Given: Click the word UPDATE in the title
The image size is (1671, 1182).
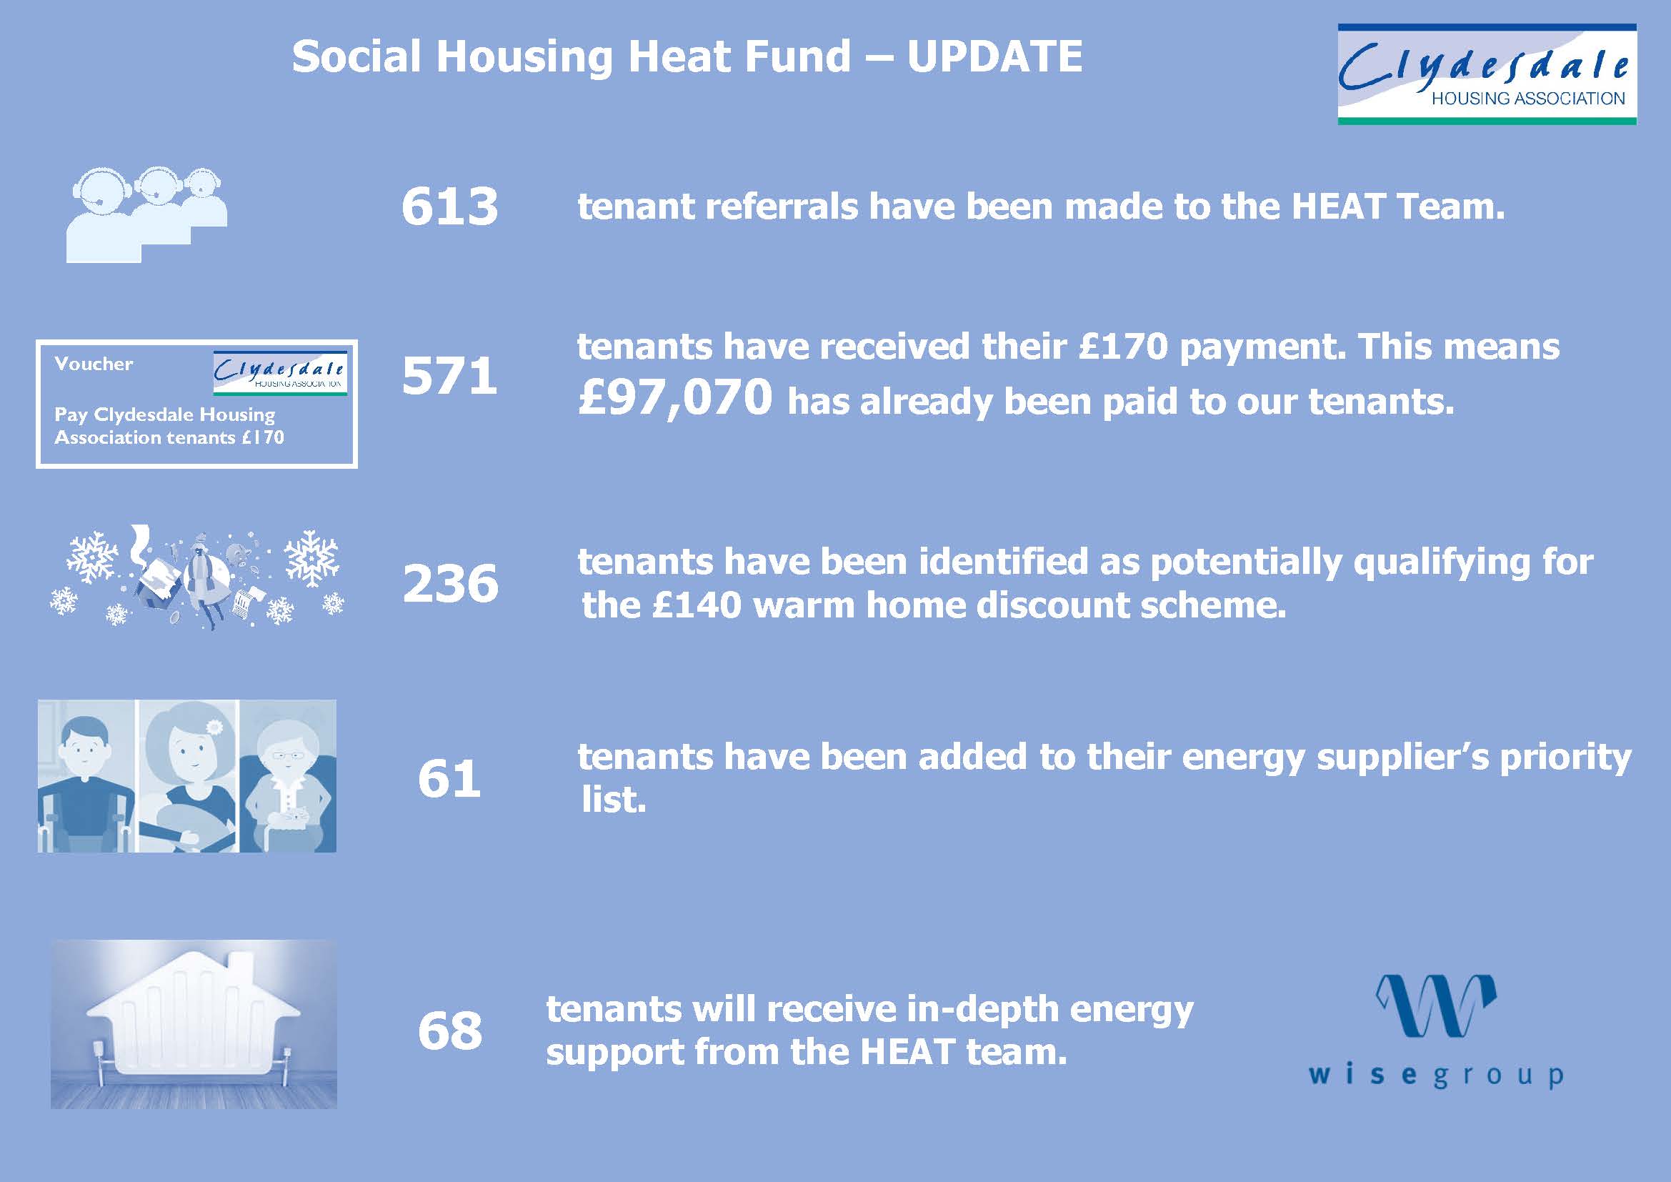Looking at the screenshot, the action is (x=995, y=56).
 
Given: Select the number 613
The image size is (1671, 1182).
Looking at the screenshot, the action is (x=450, y=206).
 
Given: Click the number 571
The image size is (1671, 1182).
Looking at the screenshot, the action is (x=450, y=377).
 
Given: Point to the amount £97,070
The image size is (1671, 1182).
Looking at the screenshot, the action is (x=674, y=398).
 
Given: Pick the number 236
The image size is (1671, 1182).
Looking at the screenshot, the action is (x=451, y=584).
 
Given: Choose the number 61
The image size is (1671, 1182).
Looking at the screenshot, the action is (x=449, y=779).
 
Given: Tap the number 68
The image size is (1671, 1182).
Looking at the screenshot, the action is (x=450, y=1030).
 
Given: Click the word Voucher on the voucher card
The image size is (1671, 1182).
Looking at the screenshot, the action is (x=94, y=364).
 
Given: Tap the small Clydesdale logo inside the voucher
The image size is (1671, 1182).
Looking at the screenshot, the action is (x=279, y=373).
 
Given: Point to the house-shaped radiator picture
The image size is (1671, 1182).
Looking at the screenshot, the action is (x=194, y=1024).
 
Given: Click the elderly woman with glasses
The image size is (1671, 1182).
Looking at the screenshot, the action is (x=287, y=777).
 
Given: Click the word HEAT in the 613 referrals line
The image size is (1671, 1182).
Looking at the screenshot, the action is (x=1338, y=207).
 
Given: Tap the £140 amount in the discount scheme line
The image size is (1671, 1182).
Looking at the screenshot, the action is (x=697, y=605).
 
